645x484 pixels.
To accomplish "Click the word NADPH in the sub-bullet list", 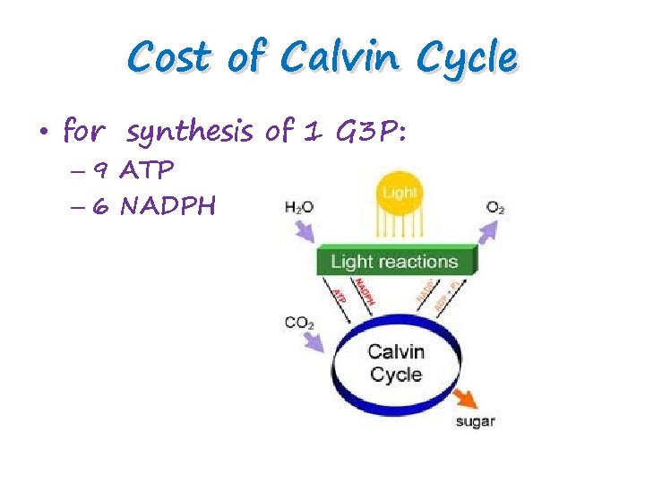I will click(x=168, y=207).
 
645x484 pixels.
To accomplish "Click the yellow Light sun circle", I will click(x=400, y=194).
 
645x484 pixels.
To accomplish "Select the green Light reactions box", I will click(x=394, y=262).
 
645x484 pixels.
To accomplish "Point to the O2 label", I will click(x=495, y=207).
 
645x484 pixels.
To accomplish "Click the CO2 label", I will click(x=298, y=322).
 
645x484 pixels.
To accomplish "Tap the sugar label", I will click(x=475, y=421).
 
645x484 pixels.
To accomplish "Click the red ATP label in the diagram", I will click(x=340, y=295).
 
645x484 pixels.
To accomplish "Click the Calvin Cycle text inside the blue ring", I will click(x=395, y=362).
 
